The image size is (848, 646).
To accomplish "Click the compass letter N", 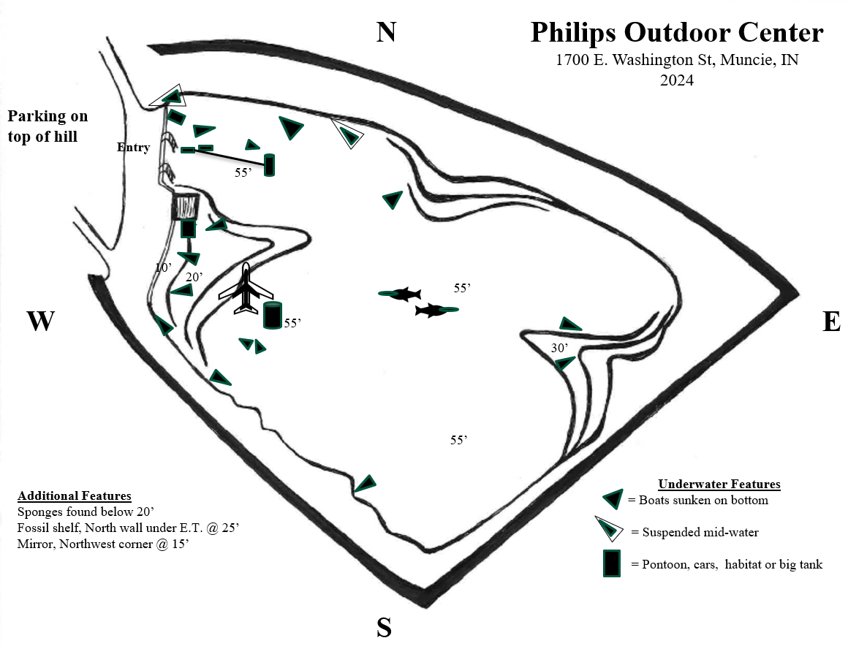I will coord(386,32).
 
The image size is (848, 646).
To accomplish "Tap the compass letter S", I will coord(385,627).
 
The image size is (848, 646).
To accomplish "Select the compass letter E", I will coord(831,322).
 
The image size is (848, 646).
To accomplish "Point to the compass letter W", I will coord(42,322).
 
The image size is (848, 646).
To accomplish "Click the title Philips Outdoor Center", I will coord(677,33).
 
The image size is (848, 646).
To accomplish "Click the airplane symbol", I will coord(246,290).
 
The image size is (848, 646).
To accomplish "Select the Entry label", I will coord(133,148).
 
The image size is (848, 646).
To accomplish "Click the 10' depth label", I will coord(163,267).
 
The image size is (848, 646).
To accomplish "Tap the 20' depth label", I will coord(194,277).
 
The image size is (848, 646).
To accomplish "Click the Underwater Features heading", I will coord(719,484).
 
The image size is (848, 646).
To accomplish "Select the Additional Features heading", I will coord(75,495).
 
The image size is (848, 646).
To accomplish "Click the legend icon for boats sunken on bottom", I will coord(612,499).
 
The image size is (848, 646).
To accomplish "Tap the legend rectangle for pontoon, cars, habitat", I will coord(612,563).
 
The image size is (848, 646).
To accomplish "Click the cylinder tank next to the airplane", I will coord(272,316).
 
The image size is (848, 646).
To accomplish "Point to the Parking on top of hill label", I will coord(48,126).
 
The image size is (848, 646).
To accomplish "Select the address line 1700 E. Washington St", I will coord(677,61).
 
